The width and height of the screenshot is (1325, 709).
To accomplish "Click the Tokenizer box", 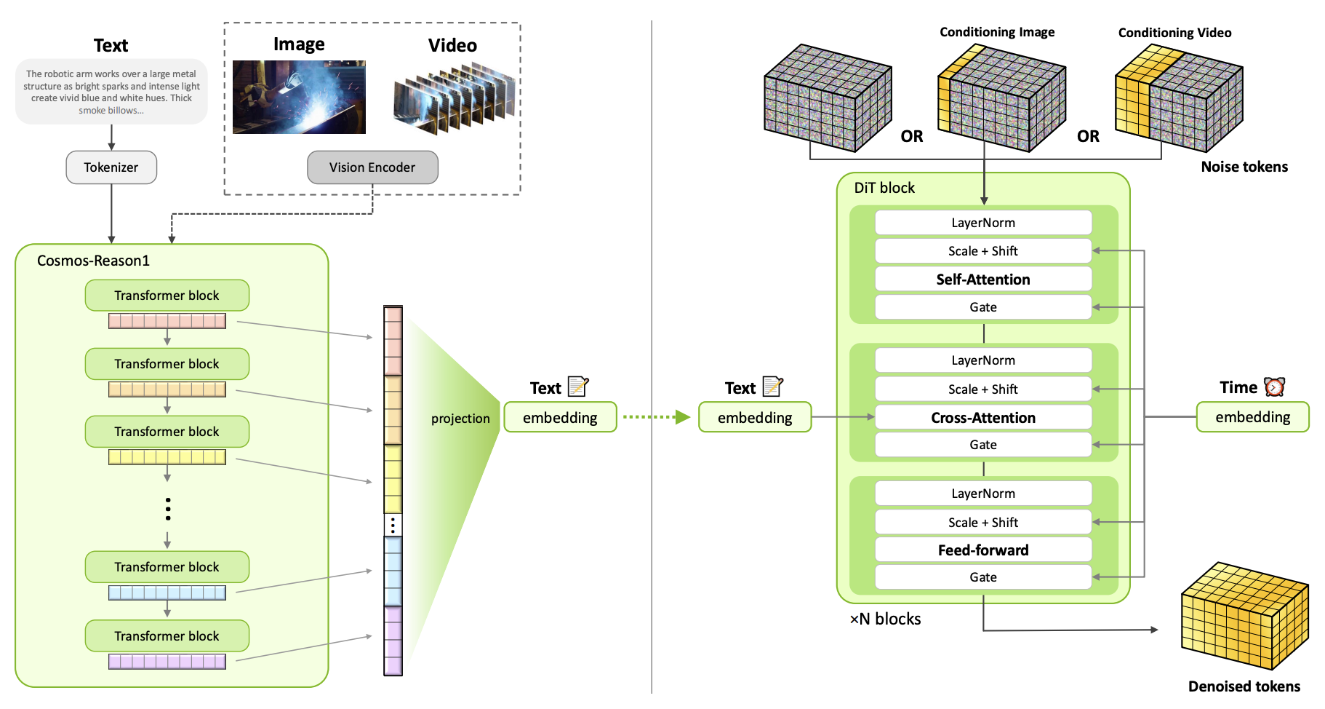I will (111, 167).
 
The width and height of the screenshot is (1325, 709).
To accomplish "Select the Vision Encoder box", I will (372, 167).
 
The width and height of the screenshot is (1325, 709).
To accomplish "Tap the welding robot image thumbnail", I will (299, 97).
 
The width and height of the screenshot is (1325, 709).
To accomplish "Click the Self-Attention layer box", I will (983, 280).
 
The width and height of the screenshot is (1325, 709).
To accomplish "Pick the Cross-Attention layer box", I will (983, 418).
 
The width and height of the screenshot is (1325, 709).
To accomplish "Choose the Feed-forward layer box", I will (983, 550).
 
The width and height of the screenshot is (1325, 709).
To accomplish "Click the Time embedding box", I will (1252, 417).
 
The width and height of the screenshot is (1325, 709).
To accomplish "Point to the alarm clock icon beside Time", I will (1274, 387).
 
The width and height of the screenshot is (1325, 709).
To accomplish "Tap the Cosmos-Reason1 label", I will (93, 261).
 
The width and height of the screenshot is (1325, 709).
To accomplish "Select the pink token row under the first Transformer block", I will (167, 321).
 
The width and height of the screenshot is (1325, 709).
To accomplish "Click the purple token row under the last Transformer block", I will (167, 662).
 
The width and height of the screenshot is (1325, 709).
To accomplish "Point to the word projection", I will (460, 419).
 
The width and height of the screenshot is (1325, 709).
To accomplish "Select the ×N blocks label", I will (885, 619).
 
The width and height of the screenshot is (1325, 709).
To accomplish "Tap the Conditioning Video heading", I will (1174, 33).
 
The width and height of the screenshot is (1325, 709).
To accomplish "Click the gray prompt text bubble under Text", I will (111, 92).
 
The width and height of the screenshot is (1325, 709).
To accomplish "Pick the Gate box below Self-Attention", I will (983, 307).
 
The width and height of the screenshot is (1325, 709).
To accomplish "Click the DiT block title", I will (884, 188).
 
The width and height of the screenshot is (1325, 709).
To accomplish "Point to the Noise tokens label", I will (1244, 167).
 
